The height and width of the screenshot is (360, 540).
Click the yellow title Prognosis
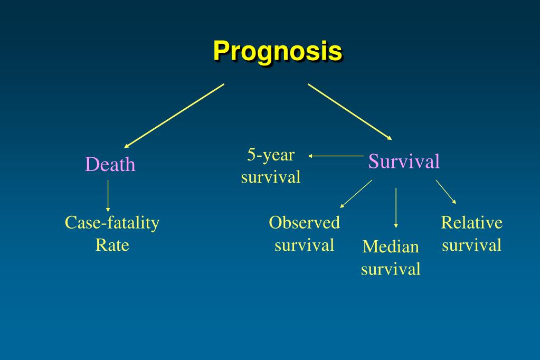[x=278, y=51]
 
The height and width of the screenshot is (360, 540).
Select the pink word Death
[x=110, y=165]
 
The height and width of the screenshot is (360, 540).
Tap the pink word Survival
[x=404, y=161]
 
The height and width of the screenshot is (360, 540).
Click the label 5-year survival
[x=271, y=166]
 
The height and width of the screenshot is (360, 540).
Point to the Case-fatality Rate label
[x=112, y=233]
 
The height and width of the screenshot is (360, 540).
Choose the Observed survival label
[x=304, y=233]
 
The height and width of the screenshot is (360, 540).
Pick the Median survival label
[x=391, y=258]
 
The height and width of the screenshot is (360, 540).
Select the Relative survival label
[x=471, y=233]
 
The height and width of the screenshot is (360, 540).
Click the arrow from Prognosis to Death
[x=174, y=115]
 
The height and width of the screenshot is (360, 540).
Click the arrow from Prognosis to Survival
[x=350, y=111]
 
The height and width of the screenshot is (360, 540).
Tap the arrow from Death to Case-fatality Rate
[x=108, y=196]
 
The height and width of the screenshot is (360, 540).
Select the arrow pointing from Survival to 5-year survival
[x=335, y=156]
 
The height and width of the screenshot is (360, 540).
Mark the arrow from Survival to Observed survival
[x=356, y=194]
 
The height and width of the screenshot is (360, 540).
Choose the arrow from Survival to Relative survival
[x=446, y=192]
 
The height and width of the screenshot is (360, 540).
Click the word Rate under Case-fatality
[x=112, y=245]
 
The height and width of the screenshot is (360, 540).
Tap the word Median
[x=391, y=247]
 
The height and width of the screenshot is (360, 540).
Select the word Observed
[x=304, y=222]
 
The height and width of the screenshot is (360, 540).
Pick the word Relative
[x=471, y=222]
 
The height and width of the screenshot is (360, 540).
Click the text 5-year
[x=271, y=155]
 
